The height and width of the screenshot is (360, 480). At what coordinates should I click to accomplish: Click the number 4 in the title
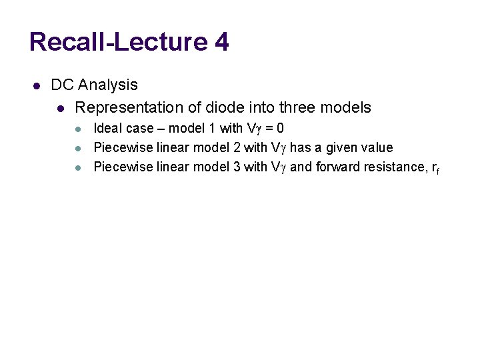click(x=222, y=42)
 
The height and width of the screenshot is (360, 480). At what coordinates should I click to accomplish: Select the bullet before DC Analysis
click(x=37, y=85)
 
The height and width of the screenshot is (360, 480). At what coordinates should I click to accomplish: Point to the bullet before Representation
click(x=61, y=108)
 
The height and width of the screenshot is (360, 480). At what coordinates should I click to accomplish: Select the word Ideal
click(x=107, y=128)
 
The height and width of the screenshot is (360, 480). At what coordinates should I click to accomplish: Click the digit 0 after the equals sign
click(x=280, y=128)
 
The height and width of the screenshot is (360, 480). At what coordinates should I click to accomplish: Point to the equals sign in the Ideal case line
click(x=268, y=128)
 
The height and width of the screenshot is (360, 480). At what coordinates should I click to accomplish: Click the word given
click(x=343, y=147)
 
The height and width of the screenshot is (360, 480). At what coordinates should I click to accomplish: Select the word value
click(x=377, y=147)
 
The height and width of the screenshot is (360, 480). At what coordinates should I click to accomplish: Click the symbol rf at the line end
click(x=435, y=168)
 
